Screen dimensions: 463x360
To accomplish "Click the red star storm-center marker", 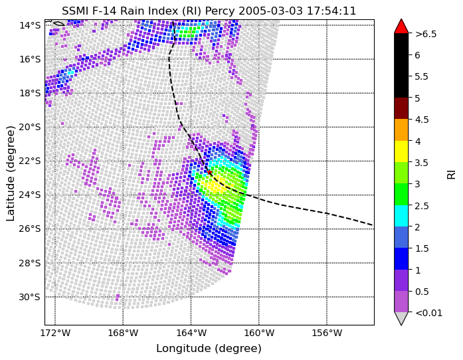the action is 209,172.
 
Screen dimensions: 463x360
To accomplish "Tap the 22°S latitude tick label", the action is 30,161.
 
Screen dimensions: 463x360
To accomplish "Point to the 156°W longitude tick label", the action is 327,333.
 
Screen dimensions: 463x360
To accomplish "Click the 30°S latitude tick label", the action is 30,297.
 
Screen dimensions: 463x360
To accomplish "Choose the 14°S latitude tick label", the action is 30,25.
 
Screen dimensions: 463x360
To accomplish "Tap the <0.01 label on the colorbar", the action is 428,313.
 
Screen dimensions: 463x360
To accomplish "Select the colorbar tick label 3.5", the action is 422,163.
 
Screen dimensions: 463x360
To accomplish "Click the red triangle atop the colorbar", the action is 401,27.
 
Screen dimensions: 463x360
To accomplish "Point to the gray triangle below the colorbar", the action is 401,318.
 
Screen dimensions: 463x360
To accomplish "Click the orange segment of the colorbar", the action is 401,130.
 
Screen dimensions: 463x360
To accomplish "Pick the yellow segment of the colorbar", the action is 401,151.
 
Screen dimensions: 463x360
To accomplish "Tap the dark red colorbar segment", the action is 401,108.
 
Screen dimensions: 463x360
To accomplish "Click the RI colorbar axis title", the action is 451,173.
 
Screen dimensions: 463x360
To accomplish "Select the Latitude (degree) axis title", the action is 11,173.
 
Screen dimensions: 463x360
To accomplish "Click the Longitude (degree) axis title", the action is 209,349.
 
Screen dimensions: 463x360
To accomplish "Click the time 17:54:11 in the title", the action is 331,11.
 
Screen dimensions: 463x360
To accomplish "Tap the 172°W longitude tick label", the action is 55,333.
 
